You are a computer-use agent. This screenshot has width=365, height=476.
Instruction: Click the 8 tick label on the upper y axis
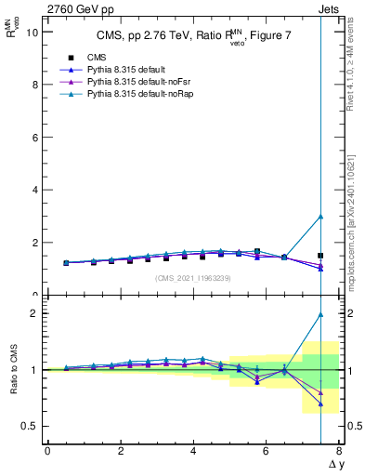click(34, 85)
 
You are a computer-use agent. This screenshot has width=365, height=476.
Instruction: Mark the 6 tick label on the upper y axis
click(34, 137)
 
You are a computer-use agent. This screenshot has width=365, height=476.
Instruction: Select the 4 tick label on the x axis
click(193, 451)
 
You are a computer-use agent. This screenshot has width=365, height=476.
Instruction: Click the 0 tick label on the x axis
click(47, 451)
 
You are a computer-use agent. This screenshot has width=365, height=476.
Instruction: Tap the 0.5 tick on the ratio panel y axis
click(29, 426)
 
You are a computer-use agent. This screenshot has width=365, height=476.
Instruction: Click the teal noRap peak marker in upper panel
click(320, 217)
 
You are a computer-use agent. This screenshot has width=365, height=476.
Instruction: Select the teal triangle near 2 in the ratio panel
click(320, 314)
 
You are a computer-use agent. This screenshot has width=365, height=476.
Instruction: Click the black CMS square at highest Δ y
click(320, 255)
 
